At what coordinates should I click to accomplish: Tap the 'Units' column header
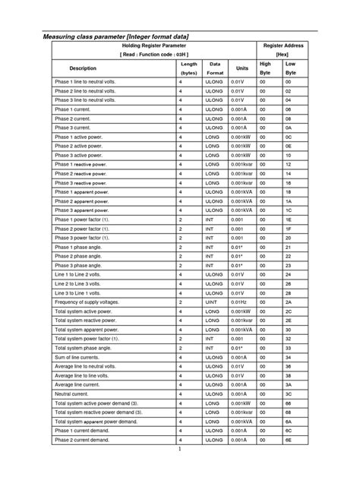(x=242, y=68)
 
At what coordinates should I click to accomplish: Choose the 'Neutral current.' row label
(x=72, y=394)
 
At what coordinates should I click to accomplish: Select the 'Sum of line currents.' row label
(x=79, y=357)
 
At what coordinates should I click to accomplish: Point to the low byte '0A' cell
(x=289, y=128)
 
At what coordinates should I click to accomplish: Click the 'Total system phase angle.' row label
(x=83, y=348)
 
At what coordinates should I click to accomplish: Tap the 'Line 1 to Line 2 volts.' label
(x=79, y=274)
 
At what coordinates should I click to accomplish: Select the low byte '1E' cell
(x=289, y=220)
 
